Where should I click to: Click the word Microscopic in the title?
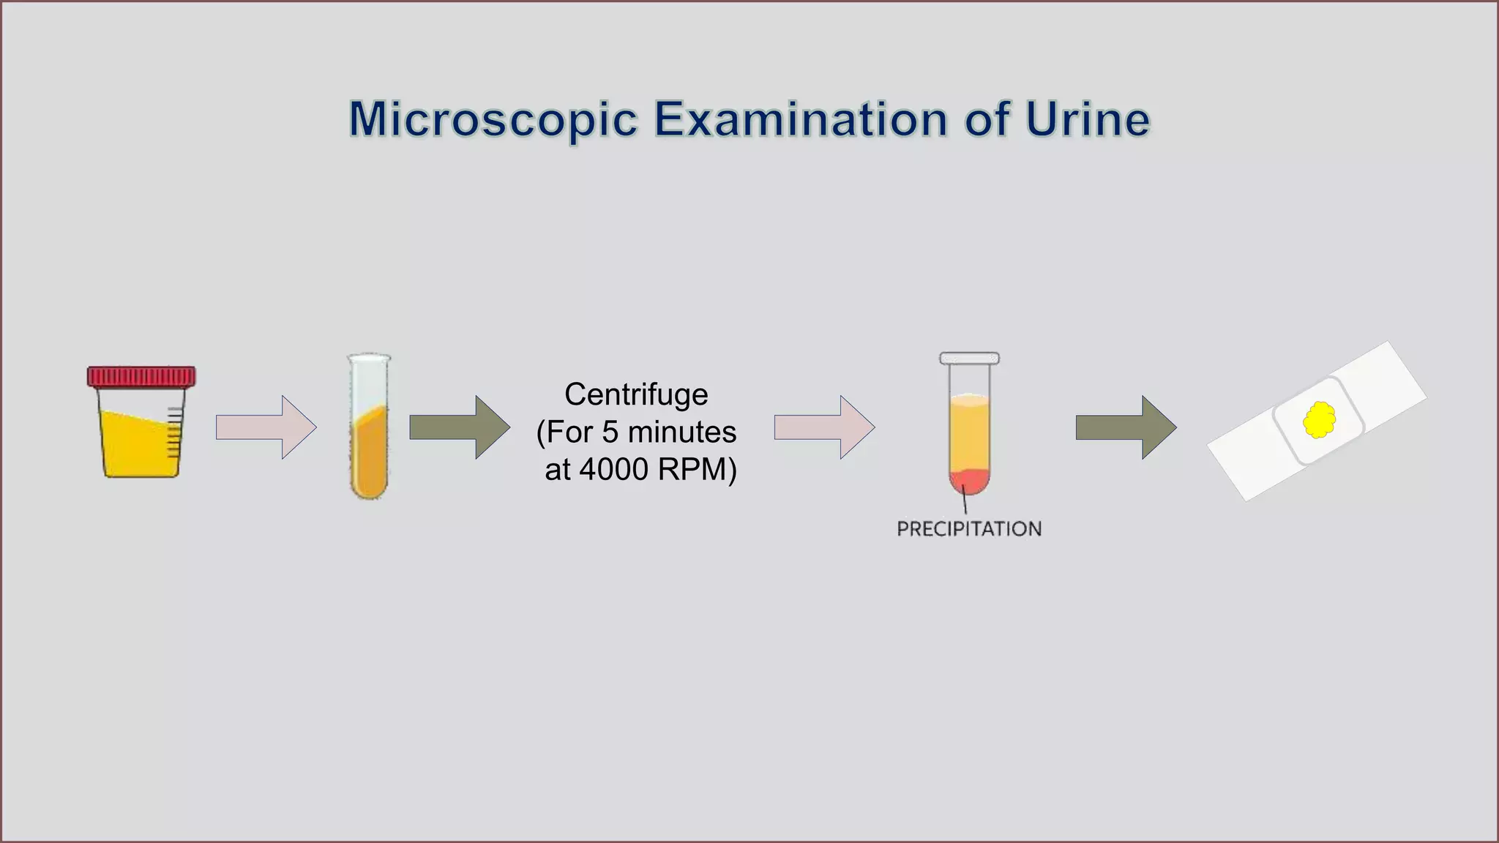(x=493, y=119)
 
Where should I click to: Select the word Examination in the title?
(x=801, y=119)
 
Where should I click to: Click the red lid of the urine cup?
(x=141, y=376)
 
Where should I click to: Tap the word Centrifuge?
(x=636, y=394)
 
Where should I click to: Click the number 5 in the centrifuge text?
(x=610, y=432)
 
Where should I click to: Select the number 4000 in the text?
(x=614, y=469)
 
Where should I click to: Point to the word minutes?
(x=682, y=432)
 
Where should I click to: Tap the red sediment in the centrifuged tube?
(x=969, y=481)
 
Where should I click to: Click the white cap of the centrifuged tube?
(x=969, y=359)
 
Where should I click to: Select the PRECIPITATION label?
(x=969, y=529)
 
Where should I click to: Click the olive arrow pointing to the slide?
(x=1126, y=427)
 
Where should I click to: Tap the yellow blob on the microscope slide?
(x=1319, y=420)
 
